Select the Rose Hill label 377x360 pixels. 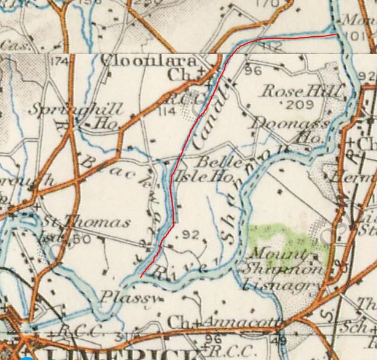(x=301, y=91)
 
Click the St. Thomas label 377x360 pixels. (x=85, y=222)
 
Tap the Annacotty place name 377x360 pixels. (x=239, y=323)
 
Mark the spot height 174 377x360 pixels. (x=60, y=61)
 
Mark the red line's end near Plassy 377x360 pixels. (x=141, y=277)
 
